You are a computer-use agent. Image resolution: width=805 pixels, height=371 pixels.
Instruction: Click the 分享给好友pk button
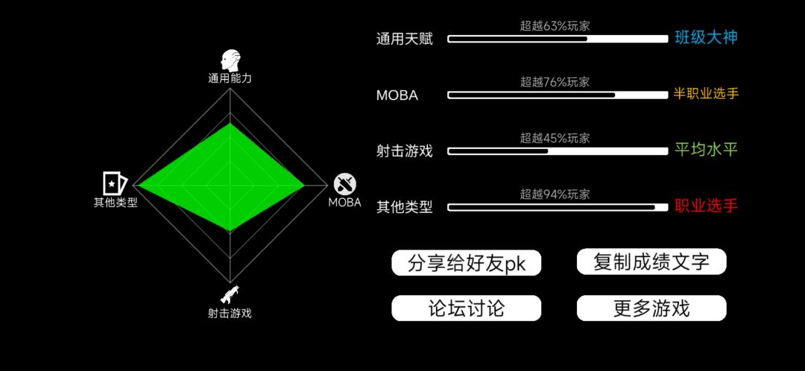[466, 263]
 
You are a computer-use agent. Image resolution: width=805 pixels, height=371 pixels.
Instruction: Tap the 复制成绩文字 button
[651, 261]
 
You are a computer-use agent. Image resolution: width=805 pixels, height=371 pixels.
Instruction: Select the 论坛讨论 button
[466, 308]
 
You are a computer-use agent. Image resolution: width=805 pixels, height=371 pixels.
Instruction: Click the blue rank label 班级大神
[707, 38]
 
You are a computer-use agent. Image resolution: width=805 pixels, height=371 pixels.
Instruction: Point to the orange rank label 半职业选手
[707, 94]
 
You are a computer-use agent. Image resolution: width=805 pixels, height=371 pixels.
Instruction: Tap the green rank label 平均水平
[707, 150]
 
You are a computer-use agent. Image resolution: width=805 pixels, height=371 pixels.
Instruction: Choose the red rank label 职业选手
[707, 206]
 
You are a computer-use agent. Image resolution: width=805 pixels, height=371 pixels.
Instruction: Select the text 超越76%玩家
[555, 82]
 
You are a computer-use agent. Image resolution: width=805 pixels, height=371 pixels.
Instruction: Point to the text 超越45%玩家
[555, 138]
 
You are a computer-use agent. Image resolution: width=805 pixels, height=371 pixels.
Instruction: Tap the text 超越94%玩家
[555, 194]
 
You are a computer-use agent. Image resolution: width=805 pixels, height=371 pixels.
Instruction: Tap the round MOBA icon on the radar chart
[345, 184]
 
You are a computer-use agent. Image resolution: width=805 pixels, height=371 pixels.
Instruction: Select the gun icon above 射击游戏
[230, 294]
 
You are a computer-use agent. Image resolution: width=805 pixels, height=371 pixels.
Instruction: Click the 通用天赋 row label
[405, 39]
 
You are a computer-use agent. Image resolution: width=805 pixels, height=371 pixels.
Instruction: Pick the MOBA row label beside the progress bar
[397, 95]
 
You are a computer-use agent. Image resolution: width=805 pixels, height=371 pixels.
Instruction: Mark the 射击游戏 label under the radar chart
[230, 313]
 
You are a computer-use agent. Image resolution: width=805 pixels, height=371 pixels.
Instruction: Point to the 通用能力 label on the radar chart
[230, 78]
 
